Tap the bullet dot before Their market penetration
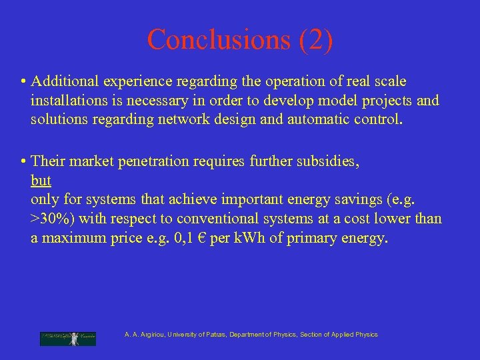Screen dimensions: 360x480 coord(23,161)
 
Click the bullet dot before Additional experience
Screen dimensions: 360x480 coord(23,82)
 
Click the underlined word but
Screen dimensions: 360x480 coord(41,181)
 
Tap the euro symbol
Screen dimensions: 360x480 coord(197,239)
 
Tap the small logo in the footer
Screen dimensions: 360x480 coord(68,337)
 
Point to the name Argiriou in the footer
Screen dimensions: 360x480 coord(151,335)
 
